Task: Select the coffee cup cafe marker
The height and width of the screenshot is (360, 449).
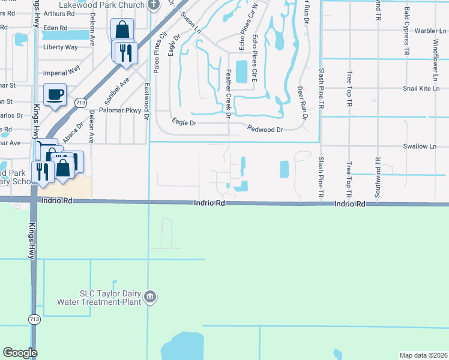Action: (55, 95)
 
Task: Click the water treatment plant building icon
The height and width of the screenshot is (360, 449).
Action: (151, 296)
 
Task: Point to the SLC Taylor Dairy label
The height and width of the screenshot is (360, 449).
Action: (110, 294)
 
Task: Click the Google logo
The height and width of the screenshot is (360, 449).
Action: (20, 352)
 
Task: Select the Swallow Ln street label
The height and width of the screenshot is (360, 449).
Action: (420, 146)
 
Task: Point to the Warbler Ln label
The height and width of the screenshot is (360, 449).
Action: (423, 30)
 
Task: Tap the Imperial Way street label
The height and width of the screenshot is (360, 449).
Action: (62, 70)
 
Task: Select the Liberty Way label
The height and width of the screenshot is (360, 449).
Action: (60, 47)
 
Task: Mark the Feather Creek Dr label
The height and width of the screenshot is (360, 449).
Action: (228, 93)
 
